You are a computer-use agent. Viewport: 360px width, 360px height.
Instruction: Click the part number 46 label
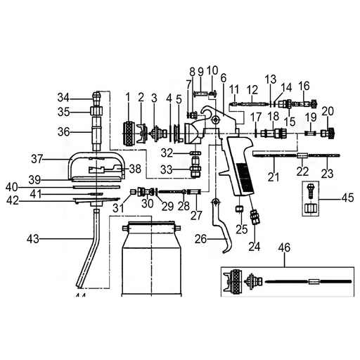tap(284, 247)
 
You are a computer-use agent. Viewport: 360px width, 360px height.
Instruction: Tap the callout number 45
tap(348, 198)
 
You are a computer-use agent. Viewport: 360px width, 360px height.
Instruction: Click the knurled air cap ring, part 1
tap(129, 134)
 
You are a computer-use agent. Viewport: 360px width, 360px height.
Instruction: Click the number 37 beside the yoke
tap(37, 159)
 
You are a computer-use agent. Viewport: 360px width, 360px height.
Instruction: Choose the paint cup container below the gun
tap(152, 259)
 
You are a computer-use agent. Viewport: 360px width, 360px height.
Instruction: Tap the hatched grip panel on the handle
tap(244, 176)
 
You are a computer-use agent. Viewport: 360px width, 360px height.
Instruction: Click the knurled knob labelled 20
tap(328, 134)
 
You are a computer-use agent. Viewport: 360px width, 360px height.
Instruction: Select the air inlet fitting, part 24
tap(254, 217)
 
